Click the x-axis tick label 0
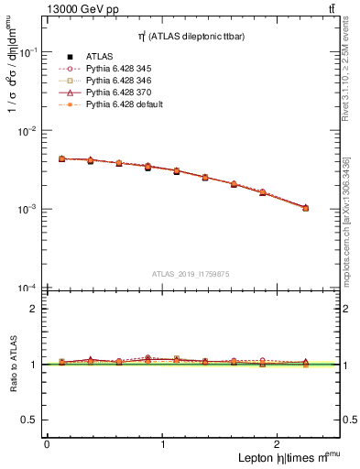[x=47, y=444]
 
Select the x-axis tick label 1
[x=163, y=444]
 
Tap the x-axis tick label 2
[x=279, y=444]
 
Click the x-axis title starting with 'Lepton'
[x=285, y=458]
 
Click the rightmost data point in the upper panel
[x=305, y=208]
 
